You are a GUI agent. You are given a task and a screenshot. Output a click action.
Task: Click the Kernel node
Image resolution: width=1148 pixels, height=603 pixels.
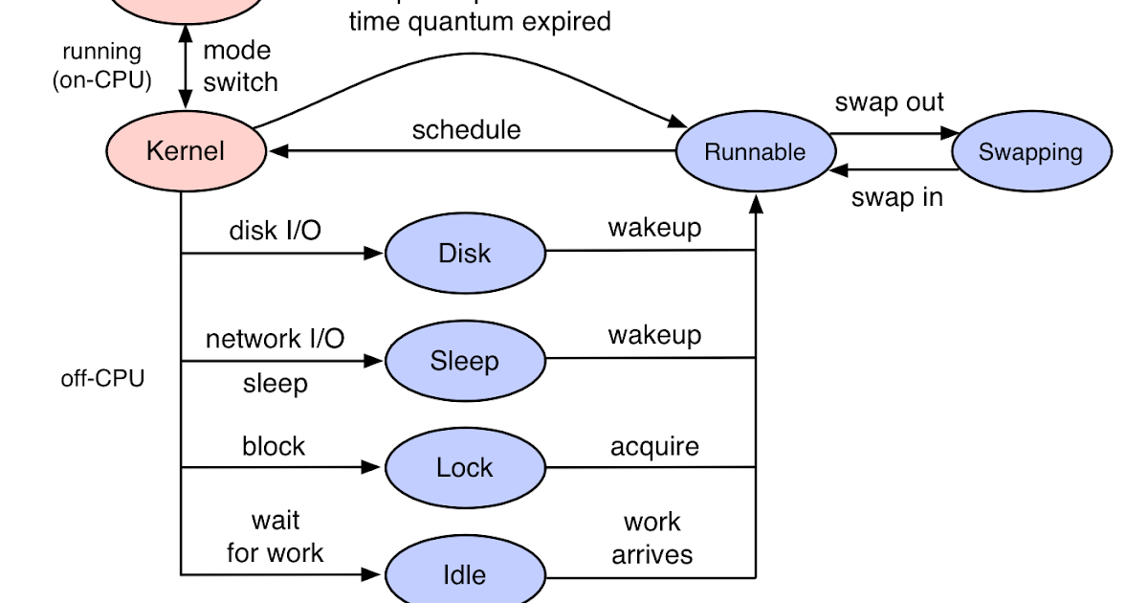pos(186,151)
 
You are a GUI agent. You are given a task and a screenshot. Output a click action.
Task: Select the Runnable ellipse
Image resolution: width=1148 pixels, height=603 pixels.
pos(755,151)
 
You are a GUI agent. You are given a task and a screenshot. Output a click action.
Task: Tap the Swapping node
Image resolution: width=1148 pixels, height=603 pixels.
pos(1030,152)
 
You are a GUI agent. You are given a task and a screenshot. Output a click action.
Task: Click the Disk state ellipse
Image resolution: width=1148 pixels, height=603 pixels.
pos(465,254)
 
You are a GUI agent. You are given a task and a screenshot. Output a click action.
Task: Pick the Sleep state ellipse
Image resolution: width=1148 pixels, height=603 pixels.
pos(465,361)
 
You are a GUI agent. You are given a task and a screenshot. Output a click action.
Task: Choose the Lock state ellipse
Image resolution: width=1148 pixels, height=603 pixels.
pos(465,468)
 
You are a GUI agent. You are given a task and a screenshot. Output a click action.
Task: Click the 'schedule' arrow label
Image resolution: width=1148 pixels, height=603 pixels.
pos(466,129)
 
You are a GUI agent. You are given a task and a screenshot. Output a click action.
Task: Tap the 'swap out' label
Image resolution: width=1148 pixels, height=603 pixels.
pos(889,102)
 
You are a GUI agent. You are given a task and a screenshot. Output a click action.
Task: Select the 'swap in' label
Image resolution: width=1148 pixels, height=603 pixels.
pos(896,197)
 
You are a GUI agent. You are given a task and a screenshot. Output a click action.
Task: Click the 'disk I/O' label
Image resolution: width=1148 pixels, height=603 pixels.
pos(275,231)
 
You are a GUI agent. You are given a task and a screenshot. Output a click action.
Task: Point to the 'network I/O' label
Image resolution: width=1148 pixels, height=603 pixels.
pos(275,338)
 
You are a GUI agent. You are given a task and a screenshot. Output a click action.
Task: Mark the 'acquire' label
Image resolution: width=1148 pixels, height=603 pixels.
pos(654,446)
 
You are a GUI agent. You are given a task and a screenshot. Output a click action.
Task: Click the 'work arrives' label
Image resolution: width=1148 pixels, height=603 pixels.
pos(652,538)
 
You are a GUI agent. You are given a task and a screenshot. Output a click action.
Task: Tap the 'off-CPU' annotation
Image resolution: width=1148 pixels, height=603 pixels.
pos(102,379)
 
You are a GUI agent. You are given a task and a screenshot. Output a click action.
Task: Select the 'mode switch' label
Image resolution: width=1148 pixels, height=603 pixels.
pos(239,66)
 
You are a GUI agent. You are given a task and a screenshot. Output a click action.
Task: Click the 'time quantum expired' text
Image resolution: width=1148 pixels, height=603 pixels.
pos(478,21)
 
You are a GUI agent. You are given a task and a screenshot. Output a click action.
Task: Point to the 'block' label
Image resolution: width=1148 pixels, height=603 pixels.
pos(274,446)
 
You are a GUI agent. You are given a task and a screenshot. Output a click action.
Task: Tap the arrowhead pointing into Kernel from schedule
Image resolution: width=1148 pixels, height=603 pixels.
pos(276,151)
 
